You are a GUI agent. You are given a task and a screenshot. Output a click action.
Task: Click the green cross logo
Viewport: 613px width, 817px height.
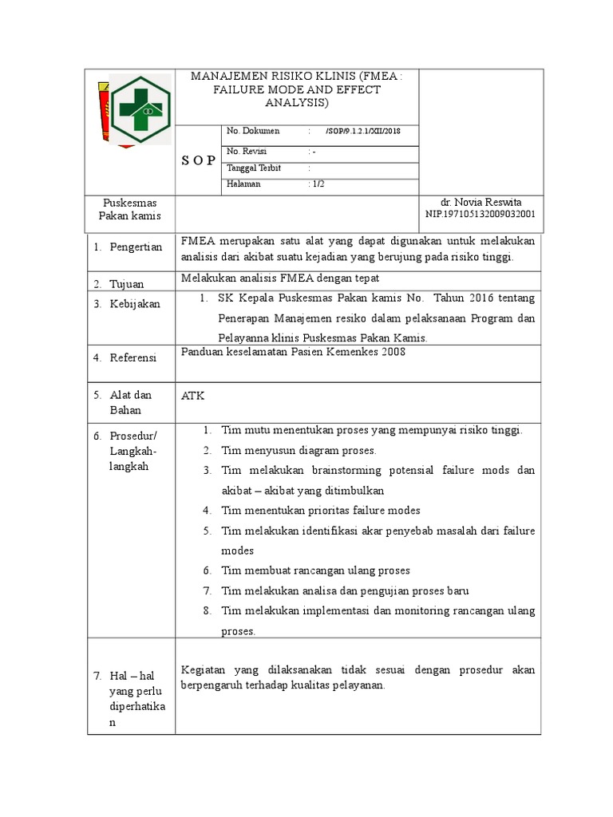(x=140, y=109)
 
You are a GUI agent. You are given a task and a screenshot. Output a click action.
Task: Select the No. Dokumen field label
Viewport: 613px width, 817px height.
(x=253, y=131)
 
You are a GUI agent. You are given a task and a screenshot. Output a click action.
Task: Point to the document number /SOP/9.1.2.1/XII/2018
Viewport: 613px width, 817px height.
(x=364, y=131)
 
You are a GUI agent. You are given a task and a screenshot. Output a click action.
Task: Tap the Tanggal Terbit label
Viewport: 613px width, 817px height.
(x=255, y=168)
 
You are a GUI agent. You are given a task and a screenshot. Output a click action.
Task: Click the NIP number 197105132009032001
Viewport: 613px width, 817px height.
(x=481, y=215)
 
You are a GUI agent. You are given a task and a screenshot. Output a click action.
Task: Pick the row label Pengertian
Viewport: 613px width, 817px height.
(x=136, y=247)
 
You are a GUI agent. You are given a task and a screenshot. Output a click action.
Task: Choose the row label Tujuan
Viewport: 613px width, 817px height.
(x=128, y=284)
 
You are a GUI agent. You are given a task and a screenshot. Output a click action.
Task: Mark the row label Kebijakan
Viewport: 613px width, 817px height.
(x=135, y=304)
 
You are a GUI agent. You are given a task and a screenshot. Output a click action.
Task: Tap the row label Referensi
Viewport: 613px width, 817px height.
(x=134, y=357)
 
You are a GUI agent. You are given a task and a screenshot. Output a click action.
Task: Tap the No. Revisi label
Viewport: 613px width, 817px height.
(x=247, y=151)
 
